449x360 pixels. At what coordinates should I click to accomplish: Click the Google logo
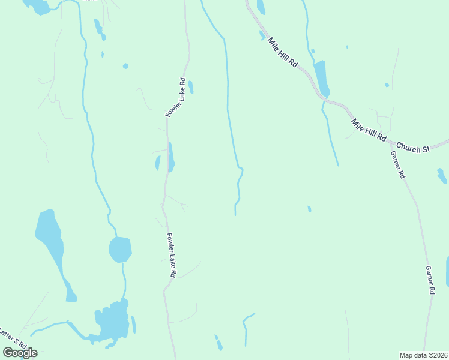click(x=20, y=353)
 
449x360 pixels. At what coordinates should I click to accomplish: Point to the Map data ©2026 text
click(x=423, y=355)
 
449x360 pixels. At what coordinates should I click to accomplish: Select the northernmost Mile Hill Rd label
click(x=283, y=52)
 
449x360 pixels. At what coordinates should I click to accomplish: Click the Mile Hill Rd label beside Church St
click(x=369, y=130)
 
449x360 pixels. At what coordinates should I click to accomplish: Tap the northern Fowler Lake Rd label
click(x=175, y=97)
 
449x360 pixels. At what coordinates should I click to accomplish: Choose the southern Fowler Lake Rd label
click(x=171, y=255)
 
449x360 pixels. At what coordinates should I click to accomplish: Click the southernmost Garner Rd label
click(x=430, y=280)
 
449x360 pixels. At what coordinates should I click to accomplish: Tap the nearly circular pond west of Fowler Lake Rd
click(x=120, y=249)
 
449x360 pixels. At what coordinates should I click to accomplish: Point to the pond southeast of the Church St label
click(x=442, y=176)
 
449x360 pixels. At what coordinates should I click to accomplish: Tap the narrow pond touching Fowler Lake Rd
click(x=171, y=157)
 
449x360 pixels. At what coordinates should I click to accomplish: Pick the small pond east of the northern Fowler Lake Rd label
click(x=191, y=87)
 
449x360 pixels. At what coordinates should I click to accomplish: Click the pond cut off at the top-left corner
click(x=38, y=6)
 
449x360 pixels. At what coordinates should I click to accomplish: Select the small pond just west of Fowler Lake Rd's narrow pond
click(x=158, y=163)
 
